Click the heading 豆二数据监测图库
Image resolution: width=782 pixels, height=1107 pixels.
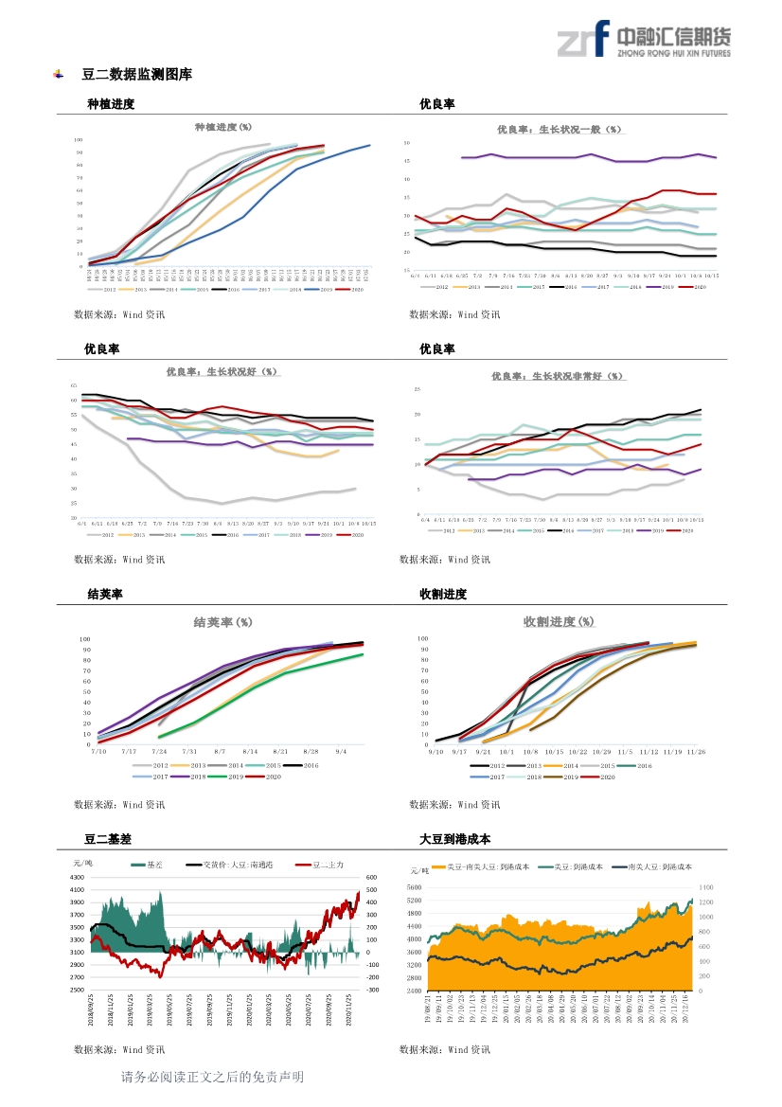137,74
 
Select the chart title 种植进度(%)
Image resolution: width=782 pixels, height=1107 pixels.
223,127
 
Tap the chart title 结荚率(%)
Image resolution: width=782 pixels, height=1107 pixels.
222,622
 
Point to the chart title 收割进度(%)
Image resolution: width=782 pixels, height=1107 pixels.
559,621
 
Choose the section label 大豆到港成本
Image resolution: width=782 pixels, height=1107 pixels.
454,839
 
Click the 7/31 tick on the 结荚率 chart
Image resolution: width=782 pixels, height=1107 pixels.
189,751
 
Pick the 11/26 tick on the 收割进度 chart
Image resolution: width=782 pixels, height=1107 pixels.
696,751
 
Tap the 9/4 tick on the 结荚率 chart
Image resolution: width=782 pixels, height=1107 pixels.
341,751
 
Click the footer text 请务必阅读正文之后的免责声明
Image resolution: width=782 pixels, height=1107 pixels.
213,1077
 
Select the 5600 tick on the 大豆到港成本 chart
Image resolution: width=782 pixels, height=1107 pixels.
414,901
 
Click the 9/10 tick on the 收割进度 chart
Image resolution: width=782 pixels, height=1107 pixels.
435,751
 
